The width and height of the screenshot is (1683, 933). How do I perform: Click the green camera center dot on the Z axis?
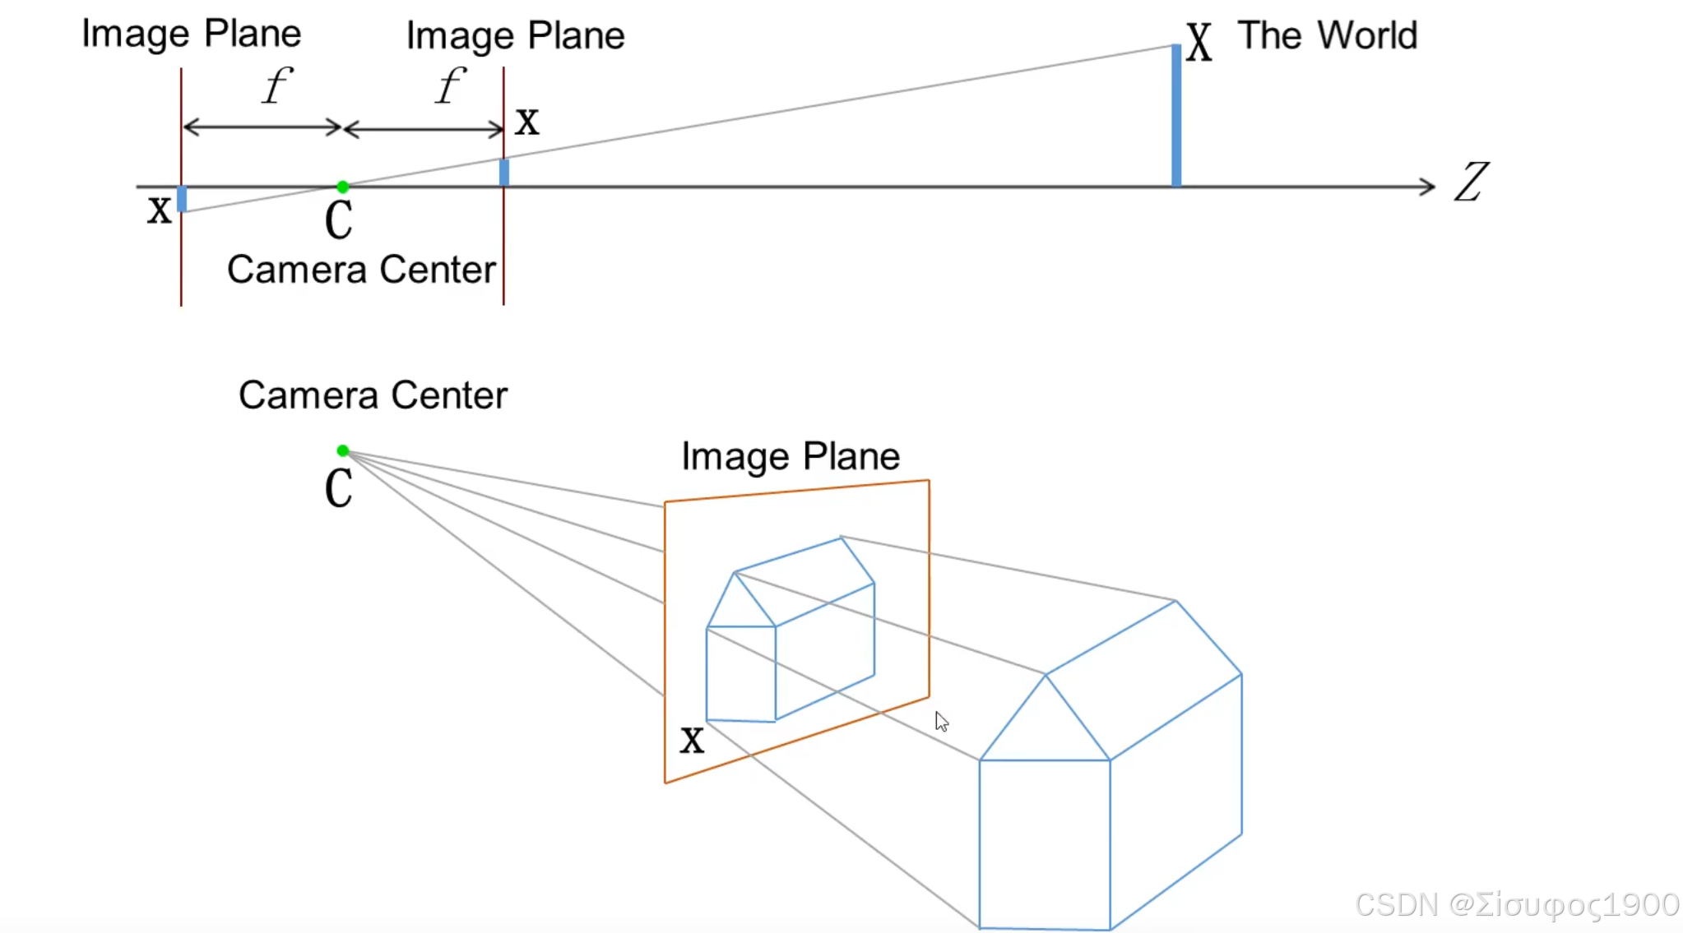343,187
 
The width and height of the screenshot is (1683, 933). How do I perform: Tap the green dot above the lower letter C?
343,450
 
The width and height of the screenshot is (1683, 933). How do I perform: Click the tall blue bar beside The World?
1176,115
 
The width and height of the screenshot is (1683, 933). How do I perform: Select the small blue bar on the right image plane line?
504,173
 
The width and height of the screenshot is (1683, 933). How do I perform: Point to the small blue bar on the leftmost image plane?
182,199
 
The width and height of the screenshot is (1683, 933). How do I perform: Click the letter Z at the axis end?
1472,182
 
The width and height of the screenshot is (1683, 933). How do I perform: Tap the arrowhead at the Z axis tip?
1429,187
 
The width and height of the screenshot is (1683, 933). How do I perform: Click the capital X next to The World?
1198,43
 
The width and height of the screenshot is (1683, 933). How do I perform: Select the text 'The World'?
1328,36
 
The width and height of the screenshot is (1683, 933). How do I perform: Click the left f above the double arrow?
276,85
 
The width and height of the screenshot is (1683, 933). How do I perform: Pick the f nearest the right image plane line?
450,85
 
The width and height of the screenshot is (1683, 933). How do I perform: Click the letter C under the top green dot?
339,220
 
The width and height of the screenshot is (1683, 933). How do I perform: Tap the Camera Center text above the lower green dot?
373,395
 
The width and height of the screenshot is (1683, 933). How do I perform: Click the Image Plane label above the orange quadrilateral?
790,456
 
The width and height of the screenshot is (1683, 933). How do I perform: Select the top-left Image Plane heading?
191,35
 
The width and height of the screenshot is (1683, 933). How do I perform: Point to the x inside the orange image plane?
692,740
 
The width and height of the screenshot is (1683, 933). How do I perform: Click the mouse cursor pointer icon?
941,722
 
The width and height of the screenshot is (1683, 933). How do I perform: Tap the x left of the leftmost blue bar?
160,210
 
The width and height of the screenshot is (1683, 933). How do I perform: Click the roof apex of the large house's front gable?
1045,675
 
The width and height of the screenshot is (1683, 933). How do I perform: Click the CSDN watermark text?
1516,905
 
